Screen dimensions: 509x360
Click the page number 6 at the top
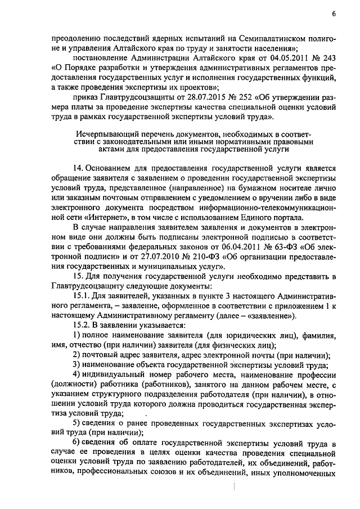[x=334, y=13]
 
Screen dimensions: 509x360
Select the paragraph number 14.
[x=79, y=168]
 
